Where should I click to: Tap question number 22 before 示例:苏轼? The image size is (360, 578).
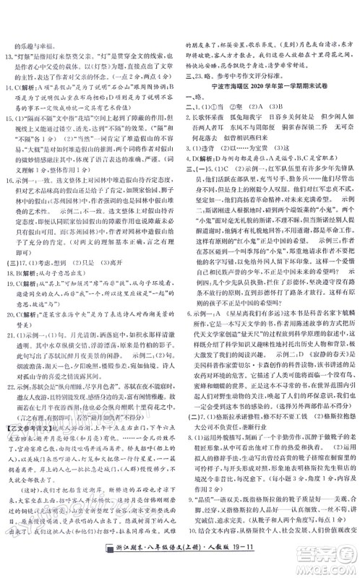[x=9, y=385]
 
